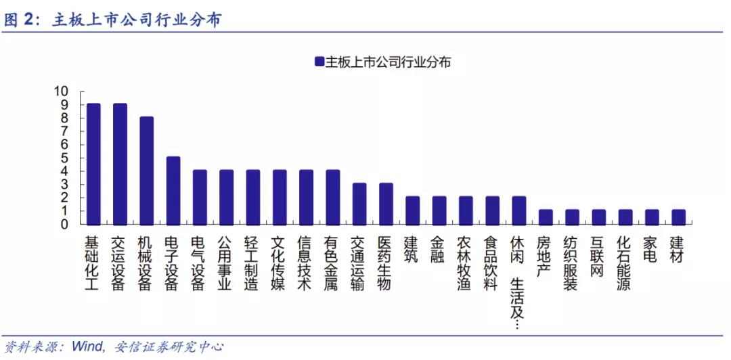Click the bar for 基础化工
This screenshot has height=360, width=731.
point(93,164)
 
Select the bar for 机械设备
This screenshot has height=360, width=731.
point(147,171)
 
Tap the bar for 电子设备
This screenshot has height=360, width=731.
point(173,191)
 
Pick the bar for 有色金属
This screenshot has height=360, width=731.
point(333,197)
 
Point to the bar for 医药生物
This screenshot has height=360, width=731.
point(386,204)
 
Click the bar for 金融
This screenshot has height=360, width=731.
point(439,210)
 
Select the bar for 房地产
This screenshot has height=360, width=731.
point(546,217)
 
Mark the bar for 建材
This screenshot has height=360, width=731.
point(678,217)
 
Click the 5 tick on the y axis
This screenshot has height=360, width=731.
point(64,158)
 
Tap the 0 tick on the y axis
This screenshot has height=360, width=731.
point(64,224)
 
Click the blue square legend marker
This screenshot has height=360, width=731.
point(319,61)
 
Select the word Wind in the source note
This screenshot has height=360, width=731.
point(87,346)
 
